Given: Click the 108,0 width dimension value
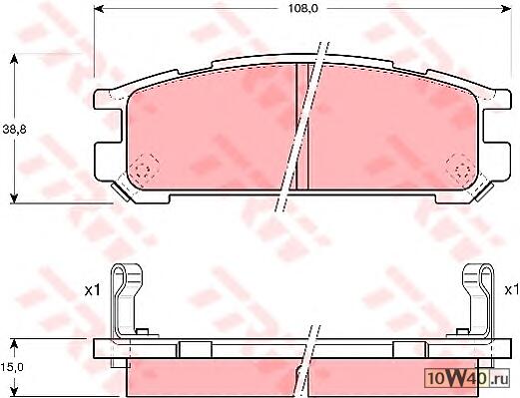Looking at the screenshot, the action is pos(303,9).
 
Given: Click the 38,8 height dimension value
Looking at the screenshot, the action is pos(14,130).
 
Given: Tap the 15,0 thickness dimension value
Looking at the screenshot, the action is pos(12,367).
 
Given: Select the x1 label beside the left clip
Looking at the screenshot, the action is pos(92,291).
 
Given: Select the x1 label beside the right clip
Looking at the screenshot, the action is pos(512,290).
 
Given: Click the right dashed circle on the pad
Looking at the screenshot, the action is pos(461,170).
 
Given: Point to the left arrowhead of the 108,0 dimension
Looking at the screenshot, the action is pos(100,9).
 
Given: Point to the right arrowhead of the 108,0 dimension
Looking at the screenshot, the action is pos(506,9).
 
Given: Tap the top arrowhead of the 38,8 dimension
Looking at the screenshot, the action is pos(14,59).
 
